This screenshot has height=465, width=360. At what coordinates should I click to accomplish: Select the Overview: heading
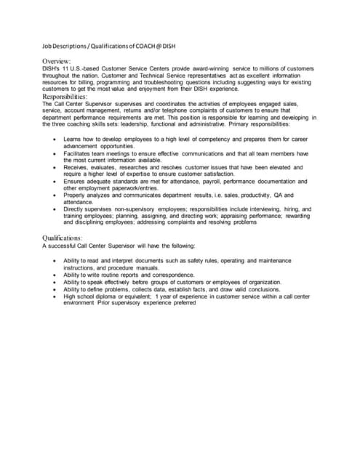[x=56, y=61]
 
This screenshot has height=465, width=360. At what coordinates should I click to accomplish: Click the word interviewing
[x=268, y=209]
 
